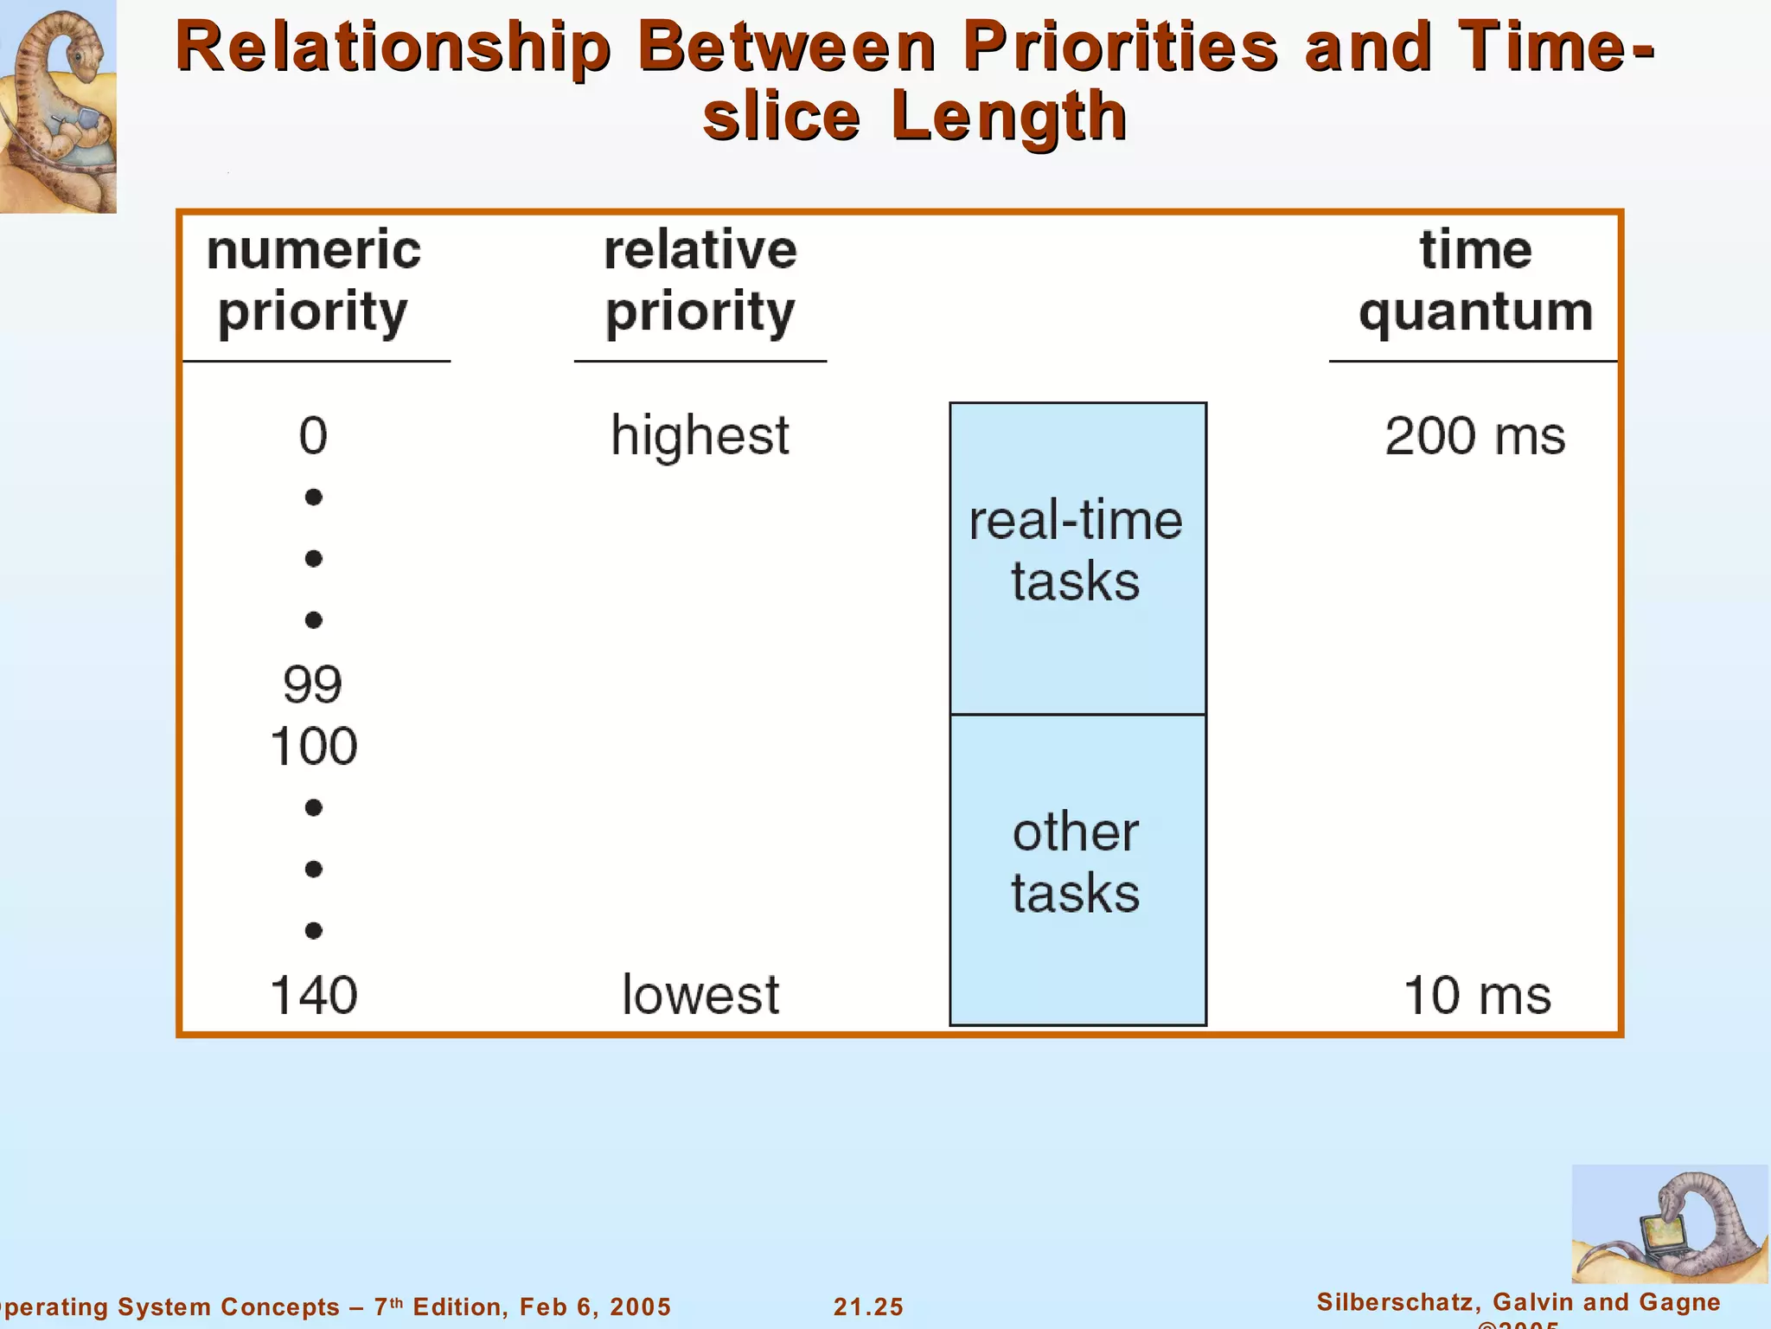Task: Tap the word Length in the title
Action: pyautogui.click(x=1008, y=116)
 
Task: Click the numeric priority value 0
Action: pyautogui.click(x=313, y=435)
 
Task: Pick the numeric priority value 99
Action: pyautogui.click(x=312, y=684)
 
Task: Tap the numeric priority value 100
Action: pyautogui.click(x=313, y=746)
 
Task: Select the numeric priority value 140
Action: pyautogui.click(x=313, y=995)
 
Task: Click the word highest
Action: pyautogui.click(x=700, y=435)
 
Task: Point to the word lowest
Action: pyautogui.click(x=700, y=995)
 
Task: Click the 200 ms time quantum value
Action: pyautogui.click(x=1474, y=435)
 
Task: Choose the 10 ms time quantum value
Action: pyautogui.click(x=1477, y=995)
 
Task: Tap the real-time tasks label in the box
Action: pyautogui.click(x=1076, y=550)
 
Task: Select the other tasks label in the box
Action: pyautogui.click(x=1076, y=862)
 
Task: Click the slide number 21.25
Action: pyautogui.click(x=868, y=1307)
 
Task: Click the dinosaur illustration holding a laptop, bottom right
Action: pyautogui.click(x=1669, y=1224)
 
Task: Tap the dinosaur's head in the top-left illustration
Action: pyautogui.click(x=82, y=52)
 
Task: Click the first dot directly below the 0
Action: pyautogui.click(x=313, y=497)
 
